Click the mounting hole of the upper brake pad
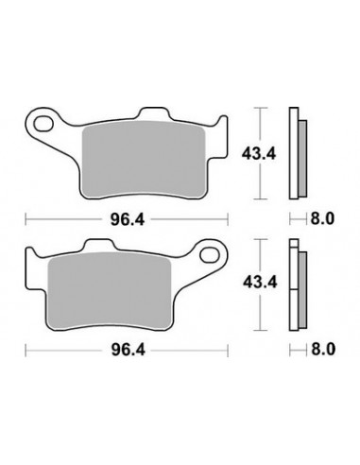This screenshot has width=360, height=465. point(43,124)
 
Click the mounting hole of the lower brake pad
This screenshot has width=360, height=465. point(210,255)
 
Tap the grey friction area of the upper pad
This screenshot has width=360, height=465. point(144,160)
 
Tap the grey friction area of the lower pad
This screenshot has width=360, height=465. point(109,291)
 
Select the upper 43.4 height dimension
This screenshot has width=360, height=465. point(259,154)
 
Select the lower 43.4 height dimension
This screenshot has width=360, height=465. point(260,282)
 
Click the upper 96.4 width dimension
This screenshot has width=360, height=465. point(128,219)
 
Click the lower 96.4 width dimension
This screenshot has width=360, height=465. point(129,350)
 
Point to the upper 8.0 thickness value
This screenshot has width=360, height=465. point(322,218)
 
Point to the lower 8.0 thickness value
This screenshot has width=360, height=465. point(323,350)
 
